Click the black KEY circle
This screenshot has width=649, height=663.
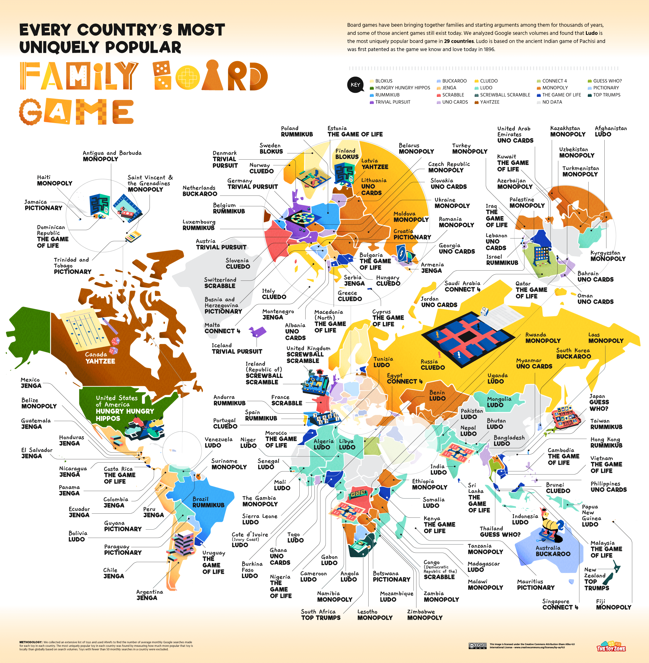pos(355,85)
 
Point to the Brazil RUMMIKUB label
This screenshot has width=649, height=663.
pos(208,502)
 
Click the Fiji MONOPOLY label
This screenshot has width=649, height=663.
pos(613,604)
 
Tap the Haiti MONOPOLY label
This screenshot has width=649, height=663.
pos(55,180)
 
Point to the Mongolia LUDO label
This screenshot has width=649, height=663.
pos(499,402)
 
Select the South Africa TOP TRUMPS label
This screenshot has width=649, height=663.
pos(320,615)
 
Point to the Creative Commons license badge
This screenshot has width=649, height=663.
pos(477,646)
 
